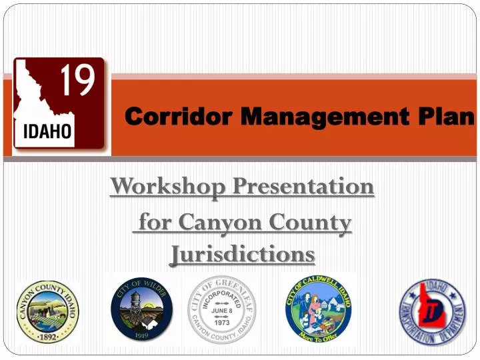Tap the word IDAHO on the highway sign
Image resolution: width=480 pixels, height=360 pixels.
48,130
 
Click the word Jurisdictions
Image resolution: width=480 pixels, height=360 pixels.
242,254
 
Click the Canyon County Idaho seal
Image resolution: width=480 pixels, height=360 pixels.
47,311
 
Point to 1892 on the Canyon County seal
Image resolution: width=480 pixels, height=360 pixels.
47,337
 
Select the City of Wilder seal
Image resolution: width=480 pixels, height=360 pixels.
141,311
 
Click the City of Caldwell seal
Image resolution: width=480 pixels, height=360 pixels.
319,311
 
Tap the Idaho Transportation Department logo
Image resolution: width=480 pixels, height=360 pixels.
431,311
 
